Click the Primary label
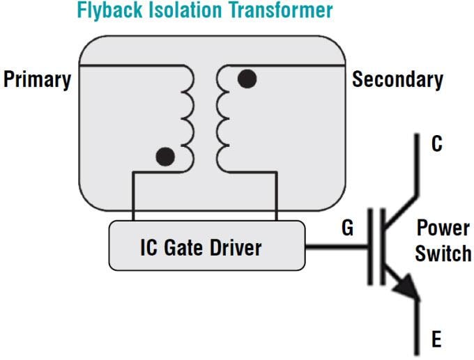[x=37, y=79]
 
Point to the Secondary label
[x=397, y=79]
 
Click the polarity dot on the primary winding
[x=165, y=157]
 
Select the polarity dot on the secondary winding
[x=246, y=79]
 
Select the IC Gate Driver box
[x=207, y=246]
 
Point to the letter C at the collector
[x=436, y=146]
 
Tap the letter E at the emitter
[x=436, y=340]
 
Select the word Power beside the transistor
[x=443, y=228]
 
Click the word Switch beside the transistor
[x=443, y=253]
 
